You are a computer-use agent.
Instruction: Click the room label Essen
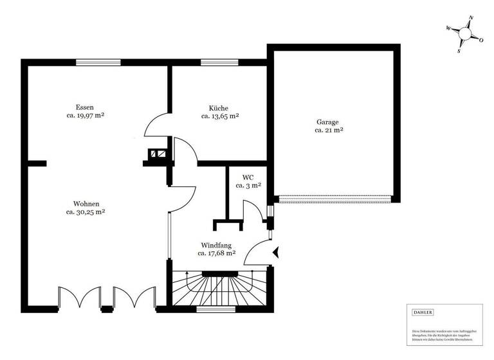point(85,107)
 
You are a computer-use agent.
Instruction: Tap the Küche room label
point(219,108)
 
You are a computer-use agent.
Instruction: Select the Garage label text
point(327,122)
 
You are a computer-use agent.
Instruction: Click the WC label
point(248,177)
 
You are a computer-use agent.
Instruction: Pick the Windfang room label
point(216,245)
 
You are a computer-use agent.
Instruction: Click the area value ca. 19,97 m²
point(85,116)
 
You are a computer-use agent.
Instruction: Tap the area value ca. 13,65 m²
point(219,117)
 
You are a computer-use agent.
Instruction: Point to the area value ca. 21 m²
point(328,130)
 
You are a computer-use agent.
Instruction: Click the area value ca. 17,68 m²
point(216,254)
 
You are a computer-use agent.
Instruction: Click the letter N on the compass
point(471,18)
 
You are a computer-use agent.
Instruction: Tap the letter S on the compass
point(459,50)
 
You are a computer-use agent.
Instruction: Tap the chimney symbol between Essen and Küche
point(158,154)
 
